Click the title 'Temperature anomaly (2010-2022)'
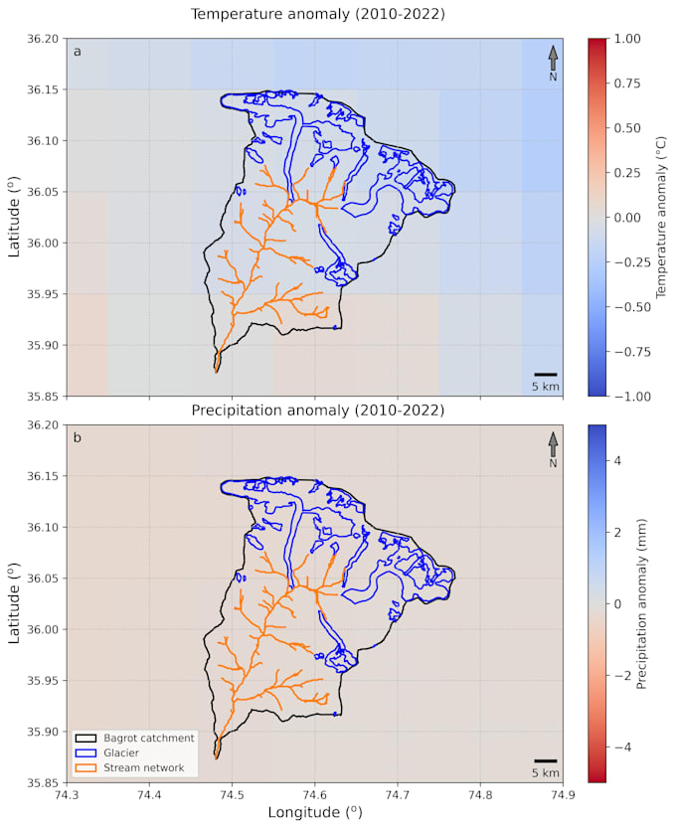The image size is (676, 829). click(317, 14)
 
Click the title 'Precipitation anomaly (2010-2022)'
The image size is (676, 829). click(317, 410)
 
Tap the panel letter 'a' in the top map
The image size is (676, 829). click(77, 52)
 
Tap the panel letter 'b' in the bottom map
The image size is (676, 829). click(77, 438)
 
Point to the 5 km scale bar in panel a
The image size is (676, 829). click(545, 375)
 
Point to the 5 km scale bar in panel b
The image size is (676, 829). click(545, 761)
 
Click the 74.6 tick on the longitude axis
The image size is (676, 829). click(315, 794)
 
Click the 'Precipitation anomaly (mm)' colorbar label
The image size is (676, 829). click(642, 603)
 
